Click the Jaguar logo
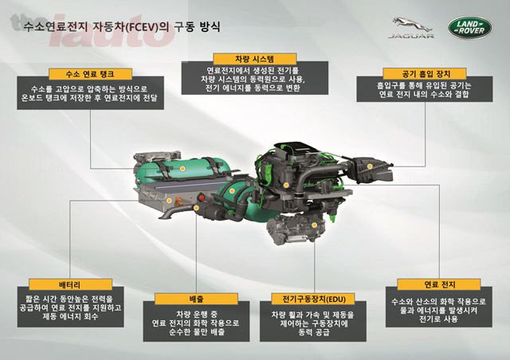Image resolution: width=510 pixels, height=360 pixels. pyautogui.click(x=411, y=28)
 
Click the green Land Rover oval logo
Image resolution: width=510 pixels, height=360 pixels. pyautogui.click(x=470, y=28)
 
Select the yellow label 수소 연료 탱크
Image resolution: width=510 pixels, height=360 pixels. pyautogui.click(x=90, y=74)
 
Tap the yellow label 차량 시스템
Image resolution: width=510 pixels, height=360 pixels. pyautogui.click(x=255, y=59)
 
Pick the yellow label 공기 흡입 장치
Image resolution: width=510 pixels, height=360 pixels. pyautogui.click(x=425, y=74)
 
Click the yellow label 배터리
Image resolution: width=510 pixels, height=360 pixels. pyautogui.click(x=70, y=284)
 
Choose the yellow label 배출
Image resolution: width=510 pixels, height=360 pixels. pyautogui.click(x=196, y=299)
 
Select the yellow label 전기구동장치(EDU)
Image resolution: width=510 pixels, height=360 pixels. pyautogui.click(x=313, y=299)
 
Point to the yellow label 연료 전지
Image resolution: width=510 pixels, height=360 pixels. pyautogui.click(x=439, y=284)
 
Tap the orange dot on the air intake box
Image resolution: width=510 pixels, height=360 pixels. pyautogui.click(x=370, y=166)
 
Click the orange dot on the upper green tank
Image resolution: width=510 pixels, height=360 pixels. pyautogui.click(x=182, y=169)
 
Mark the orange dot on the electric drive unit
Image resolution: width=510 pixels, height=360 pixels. pyautogui.click(x=314, y=225)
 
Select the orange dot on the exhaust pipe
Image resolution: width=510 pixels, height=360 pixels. pyautogui.click(x=196, y=208)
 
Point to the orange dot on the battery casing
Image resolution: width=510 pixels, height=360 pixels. pyautogui.click(x=169, y=201)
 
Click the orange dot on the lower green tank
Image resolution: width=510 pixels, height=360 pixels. pyautogui.click(x=232, y=191)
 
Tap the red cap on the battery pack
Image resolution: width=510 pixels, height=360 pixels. pyautogui.click(x=202, y=197)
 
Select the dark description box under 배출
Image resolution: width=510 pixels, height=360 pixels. pyautogui.click(x=196, y=321)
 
